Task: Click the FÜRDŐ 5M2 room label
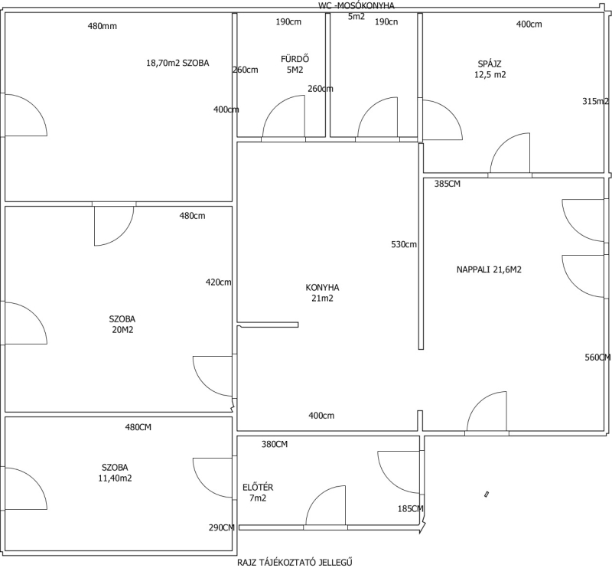coord(295,64)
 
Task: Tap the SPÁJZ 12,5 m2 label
coord(490,69)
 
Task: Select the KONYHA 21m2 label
coord(322,293)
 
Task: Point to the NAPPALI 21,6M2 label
coord(489,269)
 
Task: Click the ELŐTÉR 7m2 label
coord(258,493)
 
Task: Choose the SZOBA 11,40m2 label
coord(116,472)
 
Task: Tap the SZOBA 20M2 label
coord(122,325)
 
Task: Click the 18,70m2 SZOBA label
coord(177,63)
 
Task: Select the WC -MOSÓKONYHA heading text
coord(356,6)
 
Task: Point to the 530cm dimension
coord(404,244)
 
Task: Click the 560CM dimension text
coord(598,357)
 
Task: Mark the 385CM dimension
coord(448,184)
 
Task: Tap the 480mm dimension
coord(103,26)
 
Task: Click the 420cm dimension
coord(219,282)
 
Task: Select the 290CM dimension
coord(222,527)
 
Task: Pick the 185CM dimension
coord(411,508)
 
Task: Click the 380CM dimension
coord(275,444)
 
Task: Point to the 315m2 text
coord(596,101)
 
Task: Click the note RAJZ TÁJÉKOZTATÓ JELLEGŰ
coord(295,563)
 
